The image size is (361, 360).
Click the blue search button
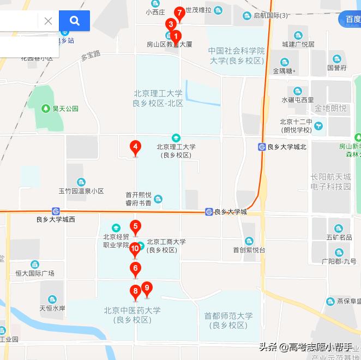click(75, 21)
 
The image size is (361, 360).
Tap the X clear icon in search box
click(48, 21)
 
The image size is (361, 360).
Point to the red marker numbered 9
click(146, 288)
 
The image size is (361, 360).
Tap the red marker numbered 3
click(171, 25)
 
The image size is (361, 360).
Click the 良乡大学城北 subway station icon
click(262, 147)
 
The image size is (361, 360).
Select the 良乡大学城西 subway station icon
click(56, 211)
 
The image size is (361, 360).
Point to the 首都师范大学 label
click(228, 320)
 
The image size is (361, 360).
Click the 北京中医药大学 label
click(132, 315)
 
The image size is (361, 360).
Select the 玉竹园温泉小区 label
click(81, 191)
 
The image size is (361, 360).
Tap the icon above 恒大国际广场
click(35, 265)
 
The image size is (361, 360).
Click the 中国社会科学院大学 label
click(236, 56)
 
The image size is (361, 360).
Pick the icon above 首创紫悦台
click(249, 241)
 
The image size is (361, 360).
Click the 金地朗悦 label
click(330, 108)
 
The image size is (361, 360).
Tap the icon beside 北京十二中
click(318, 126)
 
